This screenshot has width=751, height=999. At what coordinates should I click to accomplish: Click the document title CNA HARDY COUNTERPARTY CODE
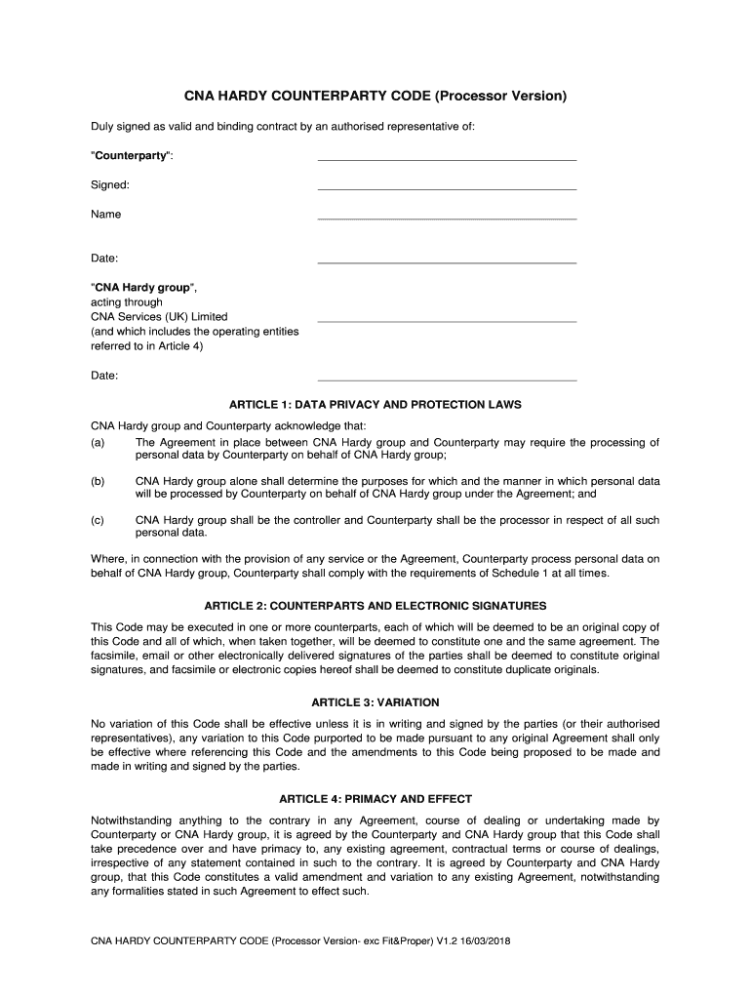375,97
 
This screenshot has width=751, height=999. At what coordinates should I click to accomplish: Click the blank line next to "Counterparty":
447,158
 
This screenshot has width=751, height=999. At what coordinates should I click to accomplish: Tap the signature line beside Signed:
447,187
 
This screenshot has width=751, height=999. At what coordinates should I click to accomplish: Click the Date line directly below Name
447,261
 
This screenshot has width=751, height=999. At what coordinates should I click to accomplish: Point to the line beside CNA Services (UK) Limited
447,320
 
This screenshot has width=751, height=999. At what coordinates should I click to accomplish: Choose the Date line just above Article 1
447,379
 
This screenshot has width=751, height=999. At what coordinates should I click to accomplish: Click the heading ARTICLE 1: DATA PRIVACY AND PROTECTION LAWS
375,404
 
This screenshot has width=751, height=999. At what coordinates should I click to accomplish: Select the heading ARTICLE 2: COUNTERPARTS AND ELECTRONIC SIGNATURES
375,606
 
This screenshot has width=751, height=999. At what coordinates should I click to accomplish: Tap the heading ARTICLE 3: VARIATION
375,702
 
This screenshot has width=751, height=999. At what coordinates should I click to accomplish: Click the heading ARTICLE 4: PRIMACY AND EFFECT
375,799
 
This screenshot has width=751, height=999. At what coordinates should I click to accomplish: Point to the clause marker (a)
98,443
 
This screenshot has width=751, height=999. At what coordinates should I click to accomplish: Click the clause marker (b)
98,482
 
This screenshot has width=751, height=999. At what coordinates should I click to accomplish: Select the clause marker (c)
98,521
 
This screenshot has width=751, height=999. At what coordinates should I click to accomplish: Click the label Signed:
110,184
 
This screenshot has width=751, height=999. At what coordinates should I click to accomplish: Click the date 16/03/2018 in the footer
485,941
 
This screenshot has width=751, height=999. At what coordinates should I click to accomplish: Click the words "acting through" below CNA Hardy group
127,302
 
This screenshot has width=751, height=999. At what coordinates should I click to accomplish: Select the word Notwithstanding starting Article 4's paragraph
131,821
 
